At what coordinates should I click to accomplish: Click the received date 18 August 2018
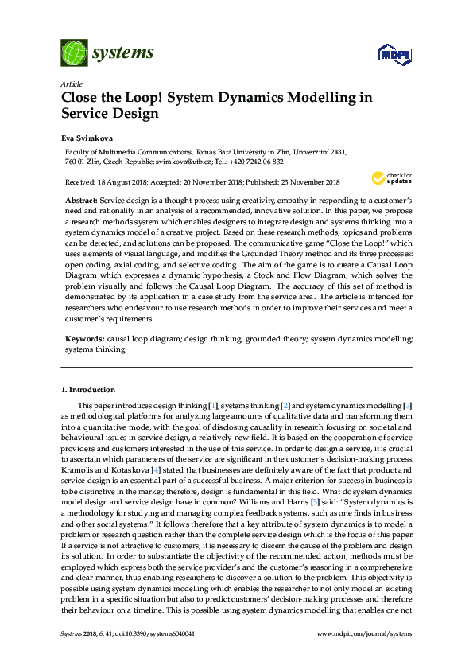point(122,181)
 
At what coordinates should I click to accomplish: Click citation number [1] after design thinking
point(212,406)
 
